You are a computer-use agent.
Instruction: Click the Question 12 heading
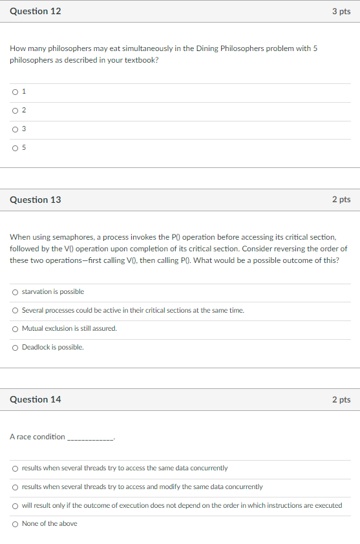click(x=36, y=11)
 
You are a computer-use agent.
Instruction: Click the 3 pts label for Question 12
click(x=341, y=11)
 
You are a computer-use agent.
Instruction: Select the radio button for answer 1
click(x=15, y=92)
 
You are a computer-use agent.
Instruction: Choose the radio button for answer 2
click(x=15, y=110)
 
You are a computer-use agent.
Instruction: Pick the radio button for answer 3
click(x=15, y=129)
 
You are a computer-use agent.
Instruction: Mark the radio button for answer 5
click(x=15, y=148)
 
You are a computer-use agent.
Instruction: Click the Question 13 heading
click(x=36, y=200)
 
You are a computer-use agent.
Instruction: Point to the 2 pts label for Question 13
click(x=341, y=200)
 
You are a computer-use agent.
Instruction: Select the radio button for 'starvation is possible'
click(x=15, y=292)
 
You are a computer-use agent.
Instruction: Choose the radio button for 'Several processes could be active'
click(x=15, y=311)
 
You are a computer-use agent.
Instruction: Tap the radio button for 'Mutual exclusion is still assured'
click(x=15, y=329)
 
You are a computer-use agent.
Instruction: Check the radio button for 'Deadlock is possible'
click(x=15, y=348)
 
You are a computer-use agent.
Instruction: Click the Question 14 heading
click(x=36, y=399)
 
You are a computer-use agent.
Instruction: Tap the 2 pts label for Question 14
click(x=341, y=399)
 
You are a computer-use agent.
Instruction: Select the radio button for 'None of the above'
click(x=15, y=524)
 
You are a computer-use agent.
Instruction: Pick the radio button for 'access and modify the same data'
click(x=15, y=487)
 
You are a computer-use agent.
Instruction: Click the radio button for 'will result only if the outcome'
click(x=15, y=505)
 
